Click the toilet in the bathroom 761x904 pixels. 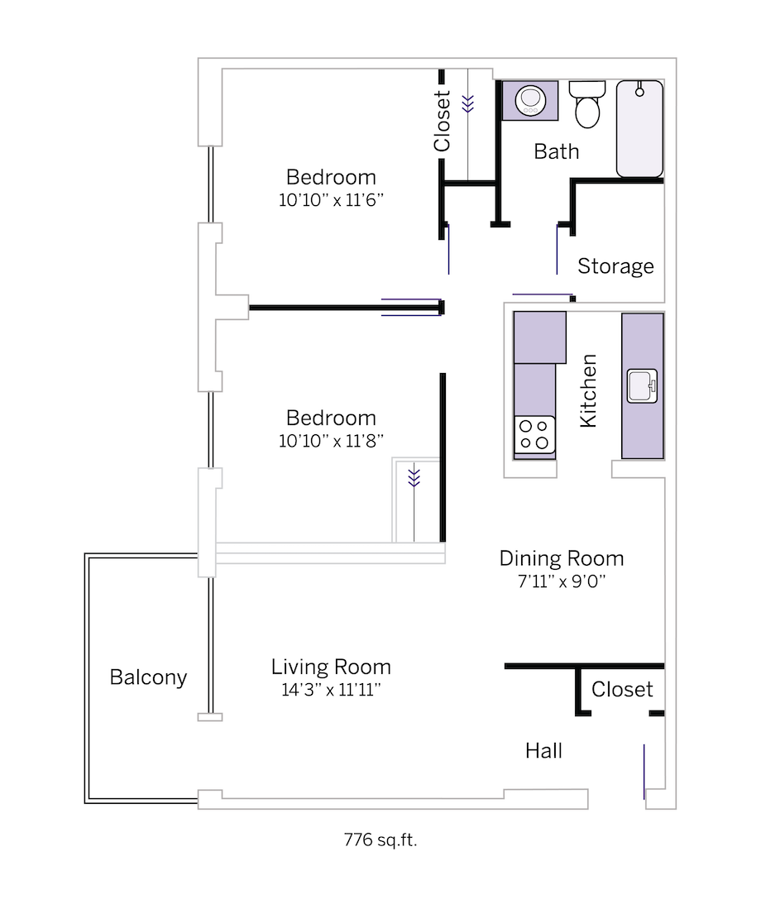588,105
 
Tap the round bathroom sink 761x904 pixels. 529,101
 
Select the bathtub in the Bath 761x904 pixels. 639,128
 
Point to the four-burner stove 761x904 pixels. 534,435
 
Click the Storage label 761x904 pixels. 615,266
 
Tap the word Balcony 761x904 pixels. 148,677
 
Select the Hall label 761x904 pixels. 543,750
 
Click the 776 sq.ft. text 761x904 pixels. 380,841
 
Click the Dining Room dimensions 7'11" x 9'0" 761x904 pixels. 562,581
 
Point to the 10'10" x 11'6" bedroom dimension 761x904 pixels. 331,199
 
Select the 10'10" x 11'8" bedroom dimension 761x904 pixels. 331,441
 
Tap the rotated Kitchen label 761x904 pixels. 588,391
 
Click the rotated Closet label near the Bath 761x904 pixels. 443,122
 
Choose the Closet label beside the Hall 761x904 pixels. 622,689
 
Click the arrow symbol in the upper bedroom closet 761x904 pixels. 468,103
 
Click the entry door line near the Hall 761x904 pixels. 644,771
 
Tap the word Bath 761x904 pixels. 556,151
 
